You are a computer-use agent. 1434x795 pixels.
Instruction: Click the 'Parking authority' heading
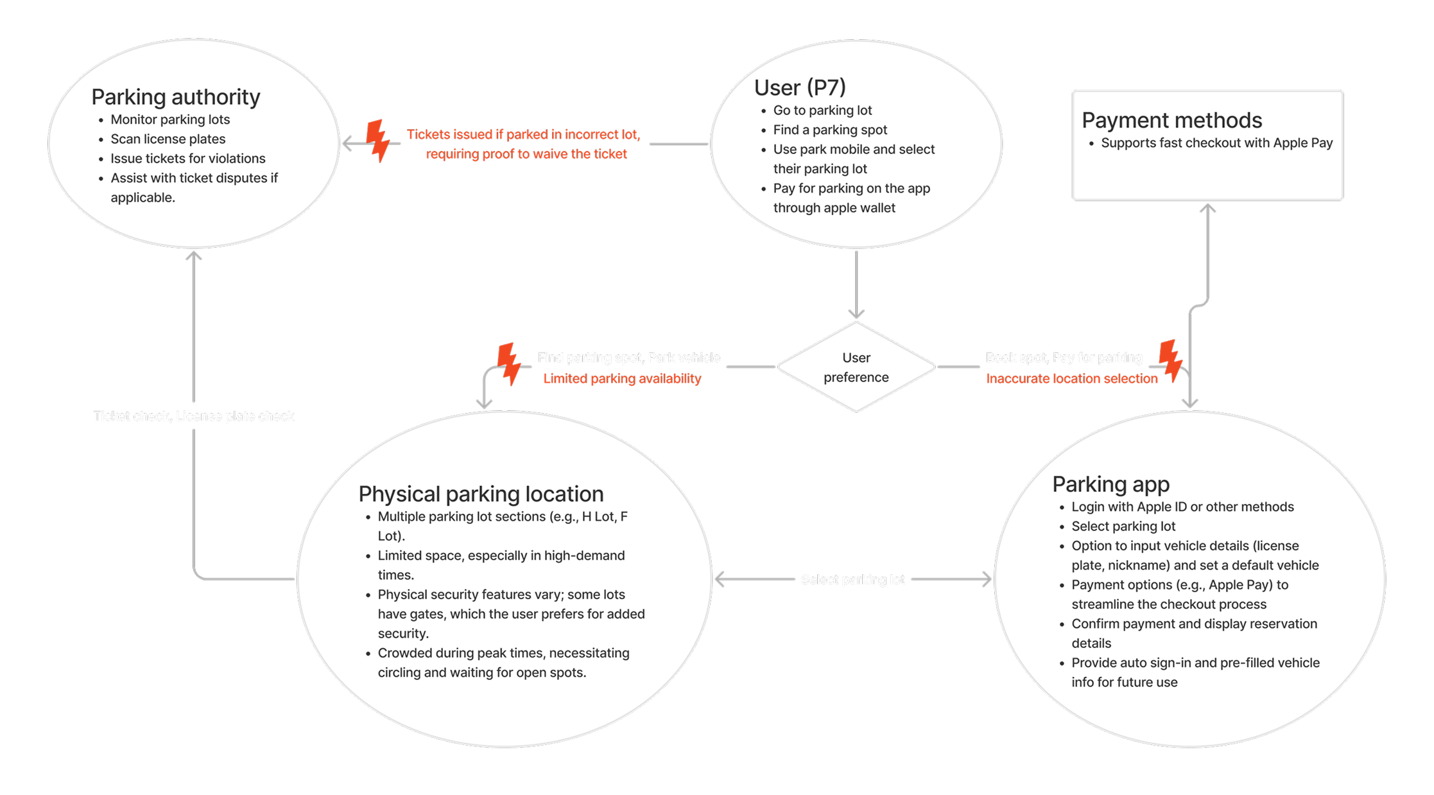[x=175, y=97]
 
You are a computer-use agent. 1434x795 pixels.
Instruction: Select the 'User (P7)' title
[x=799, y=87]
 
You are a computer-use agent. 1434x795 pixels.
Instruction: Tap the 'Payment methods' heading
[x=1171, y=120]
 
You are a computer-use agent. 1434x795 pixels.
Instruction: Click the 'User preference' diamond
[x=856, y=367]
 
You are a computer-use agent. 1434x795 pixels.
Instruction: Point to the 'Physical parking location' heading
[x=481, y=494]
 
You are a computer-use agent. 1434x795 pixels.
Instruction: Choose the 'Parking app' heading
[x=1110, y=484]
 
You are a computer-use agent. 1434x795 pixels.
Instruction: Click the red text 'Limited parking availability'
[x=621, y=379]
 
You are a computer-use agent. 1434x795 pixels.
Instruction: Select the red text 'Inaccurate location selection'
[x=1071, y=379]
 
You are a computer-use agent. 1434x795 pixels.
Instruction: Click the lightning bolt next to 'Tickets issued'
[x=378, y=141]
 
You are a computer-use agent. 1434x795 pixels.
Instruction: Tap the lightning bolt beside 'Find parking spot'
[x=510, y=363]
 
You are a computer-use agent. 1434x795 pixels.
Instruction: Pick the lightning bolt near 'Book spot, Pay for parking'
[x=1170, y=361]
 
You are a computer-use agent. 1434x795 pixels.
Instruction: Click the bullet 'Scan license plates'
[x=168, y=139]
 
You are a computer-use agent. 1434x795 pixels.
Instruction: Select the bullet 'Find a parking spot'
[x=829, y=130]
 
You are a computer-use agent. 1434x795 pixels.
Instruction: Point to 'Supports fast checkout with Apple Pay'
[x=1216, y=143]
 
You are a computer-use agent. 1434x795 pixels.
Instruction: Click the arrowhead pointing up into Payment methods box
[x=1207, y=208]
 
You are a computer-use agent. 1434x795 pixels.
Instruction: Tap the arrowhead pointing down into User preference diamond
[x=856, y=313]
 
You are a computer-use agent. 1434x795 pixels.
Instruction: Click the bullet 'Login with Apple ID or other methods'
[x=1182, y=507]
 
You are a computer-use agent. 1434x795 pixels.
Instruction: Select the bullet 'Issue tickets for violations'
[x=187, y=158]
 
